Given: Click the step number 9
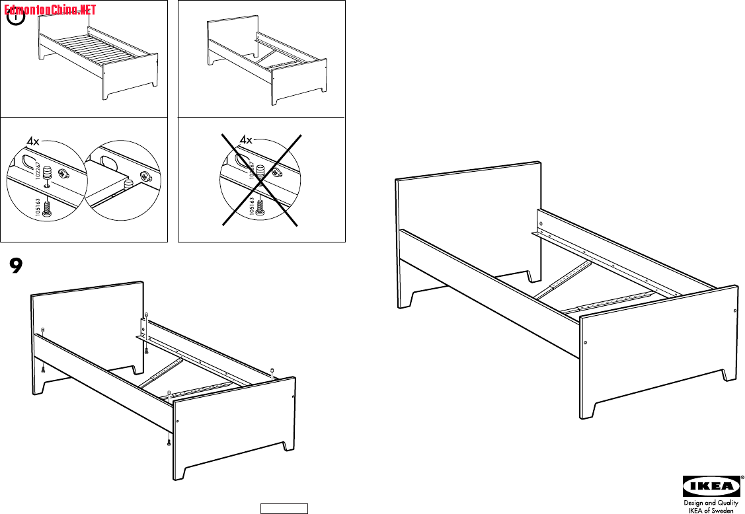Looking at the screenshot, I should click(17, 265).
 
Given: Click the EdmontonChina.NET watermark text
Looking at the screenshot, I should click(50, 10).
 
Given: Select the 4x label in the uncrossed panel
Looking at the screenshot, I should click(33, 141).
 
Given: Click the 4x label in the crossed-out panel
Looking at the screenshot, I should click(246, 139).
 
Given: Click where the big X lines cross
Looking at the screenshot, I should click(260, 180).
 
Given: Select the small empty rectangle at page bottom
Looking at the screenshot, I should click(284, 508).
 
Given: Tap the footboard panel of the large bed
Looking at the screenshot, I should click(654, 350).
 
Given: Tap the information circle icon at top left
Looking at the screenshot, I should click(17, 18).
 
